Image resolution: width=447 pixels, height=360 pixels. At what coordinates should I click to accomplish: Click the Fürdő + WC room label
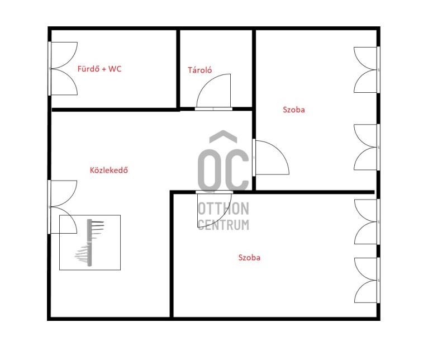point(99,69)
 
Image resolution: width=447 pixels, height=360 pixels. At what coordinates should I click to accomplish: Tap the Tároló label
point(200,70)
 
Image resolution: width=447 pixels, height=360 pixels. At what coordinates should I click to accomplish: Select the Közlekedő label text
point(109,170)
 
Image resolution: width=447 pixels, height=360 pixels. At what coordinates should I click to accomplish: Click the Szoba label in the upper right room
point(294,110)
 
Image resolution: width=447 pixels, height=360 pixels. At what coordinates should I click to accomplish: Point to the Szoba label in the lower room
point(249,258)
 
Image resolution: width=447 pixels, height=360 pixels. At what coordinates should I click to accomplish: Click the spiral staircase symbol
point(90,243)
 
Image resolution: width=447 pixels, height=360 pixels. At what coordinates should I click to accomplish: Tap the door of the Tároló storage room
point(213,92)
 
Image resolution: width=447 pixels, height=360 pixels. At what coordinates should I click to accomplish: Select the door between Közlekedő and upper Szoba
point(271,157)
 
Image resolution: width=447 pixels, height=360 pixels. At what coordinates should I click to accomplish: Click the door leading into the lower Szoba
point(215,210)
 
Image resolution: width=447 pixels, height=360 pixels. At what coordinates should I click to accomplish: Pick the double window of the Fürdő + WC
point(63,68)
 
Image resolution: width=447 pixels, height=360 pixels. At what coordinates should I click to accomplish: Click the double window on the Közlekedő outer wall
point(63,207)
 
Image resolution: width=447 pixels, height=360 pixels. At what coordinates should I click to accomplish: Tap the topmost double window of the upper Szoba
point(367,70)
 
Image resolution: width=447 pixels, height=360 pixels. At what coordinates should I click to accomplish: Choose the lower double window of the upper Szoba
point(367,147)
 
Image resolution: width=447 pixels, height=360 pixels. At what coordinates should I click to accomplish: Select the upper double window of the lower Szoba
point(367,222)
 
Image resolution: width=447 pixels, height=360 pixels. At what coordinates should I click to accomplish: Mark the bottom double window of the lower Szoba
point(367,280)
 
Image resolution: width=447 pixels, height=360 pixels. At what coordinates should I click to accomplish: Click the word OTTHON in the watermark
point(223,209)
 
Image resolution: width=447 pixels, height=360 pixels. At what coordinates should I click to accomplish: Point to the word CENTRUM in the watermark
point(223,225)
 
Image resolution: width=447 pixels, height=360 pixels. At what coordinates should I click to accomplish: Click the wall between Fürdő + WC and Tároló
point(178,69)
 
